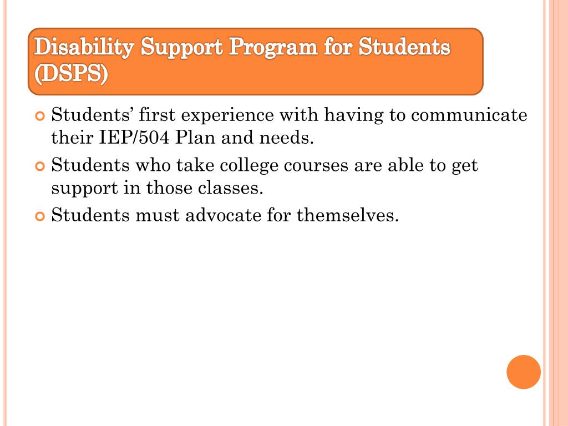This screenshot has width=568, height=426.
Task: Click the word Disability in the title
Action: click(84, 48)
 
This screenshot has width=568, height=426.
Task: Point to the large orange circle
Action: click(523, 372)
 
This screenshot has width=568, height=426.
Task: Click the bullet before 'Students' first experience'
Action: click(39, 116)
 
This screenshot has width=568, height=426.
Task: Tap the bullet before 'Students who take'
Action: click(39, 166)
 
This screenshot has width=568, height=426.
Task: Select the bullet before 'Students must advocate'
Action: click(39, 216)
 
